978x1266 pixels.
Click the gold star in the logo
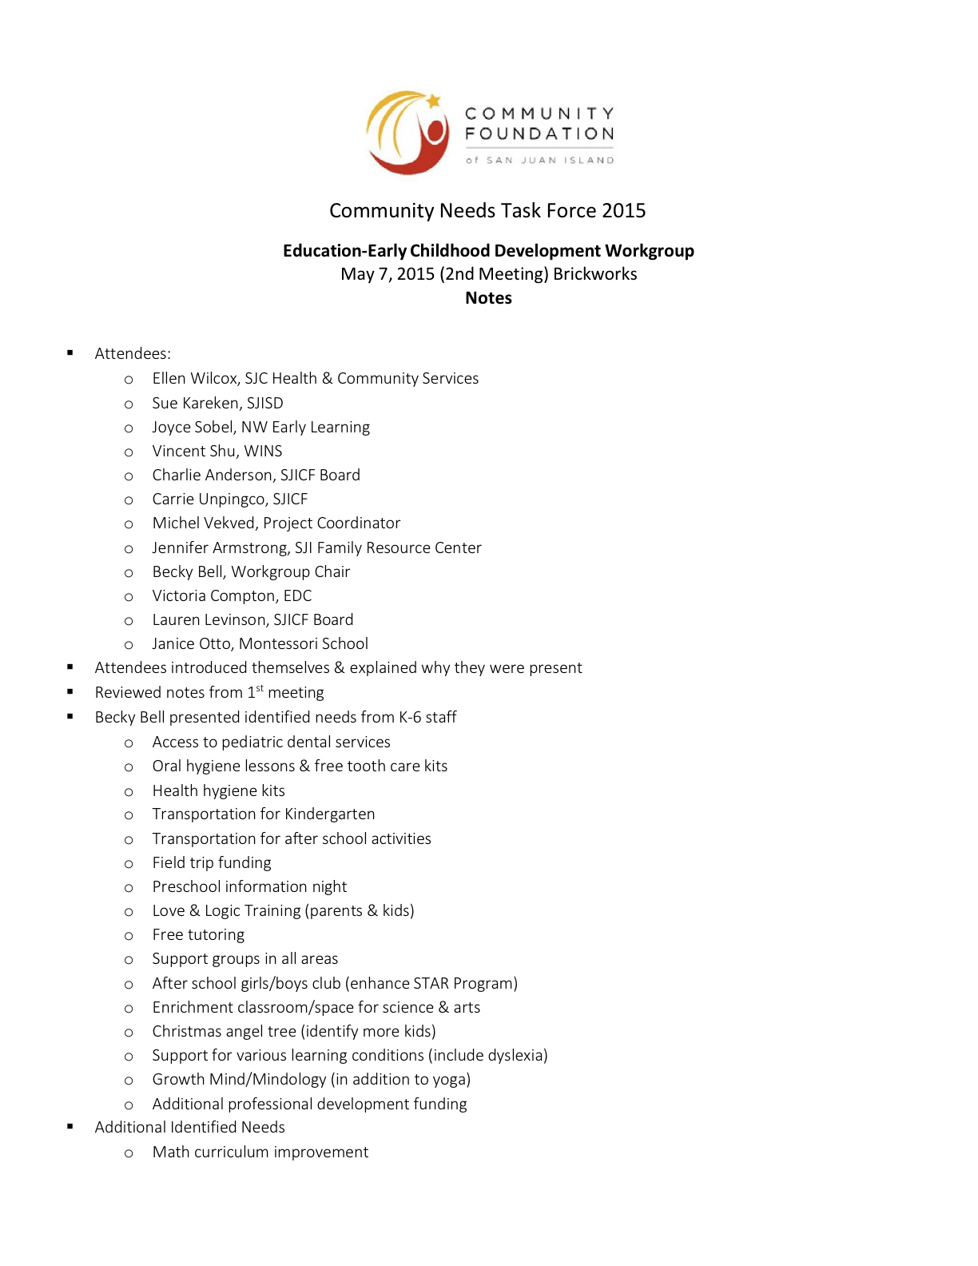433,102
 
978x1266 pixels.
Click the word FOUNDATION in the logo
539,133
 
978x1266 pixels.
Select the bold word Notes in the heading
488,298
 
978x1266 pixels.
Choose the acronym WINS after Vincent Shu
263,452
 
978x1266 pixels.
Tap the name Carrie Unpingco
209,500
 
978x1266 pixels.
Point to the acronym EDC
297,596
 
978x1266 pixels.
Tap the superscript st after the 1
260,688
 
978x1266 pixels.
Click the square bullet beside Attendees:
70,352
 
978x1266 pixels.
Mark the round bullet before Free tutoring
129,936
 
